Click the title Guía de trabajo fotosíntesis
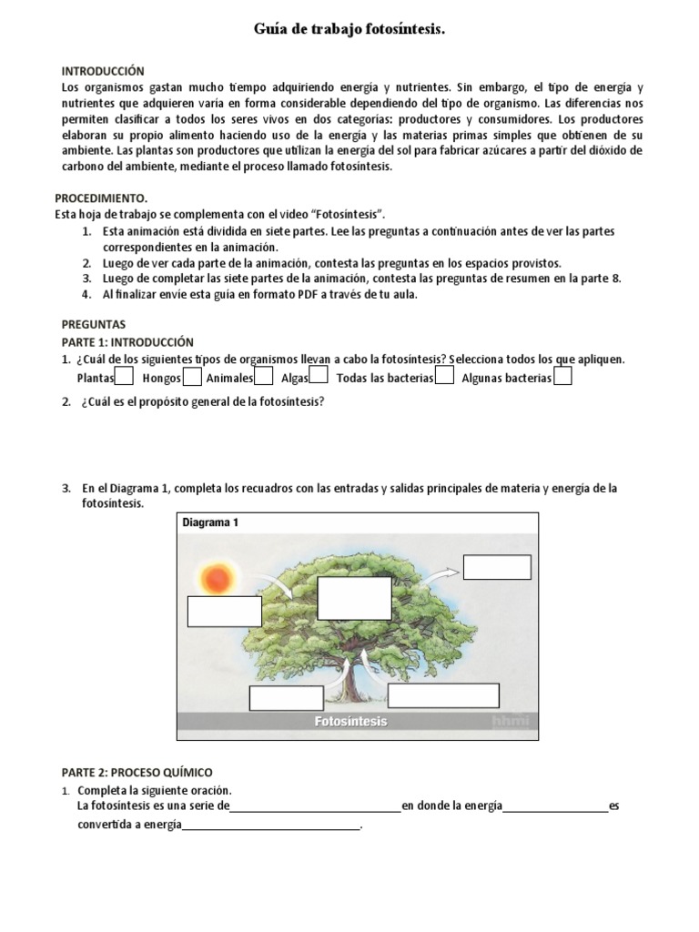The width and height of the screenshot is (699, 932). [x=349, y=31]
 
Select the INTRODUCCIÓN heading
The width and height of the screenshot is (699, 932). [x=103, y=70]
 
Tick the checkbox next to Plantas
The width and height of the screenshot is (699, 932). [x=125, y=376]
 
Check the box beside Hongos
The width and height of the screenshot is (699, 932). [x=192, y=376]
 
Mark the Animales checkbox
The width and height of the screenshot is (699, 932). [x=264, y=376]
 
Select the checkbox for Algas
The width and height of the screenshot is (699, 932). [x=319, y=376]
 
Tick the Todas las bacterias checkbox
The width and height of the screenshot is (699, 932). [x=444, y=376]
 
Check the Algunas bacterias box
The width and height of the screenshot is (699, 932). [x=562, y=376]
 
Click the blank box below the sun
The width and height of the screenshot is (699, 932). [x=225, y=612]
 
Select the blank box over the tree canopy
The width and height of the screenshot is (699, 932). [x=354, y=598]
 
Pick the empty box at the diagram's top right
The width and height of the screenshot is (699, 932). [x=497, y=567]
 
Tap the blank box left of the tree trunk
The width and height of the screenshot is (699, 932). [x=286, y=698]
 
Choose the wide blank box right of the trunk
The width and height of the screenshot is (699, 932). [x=443, y=695]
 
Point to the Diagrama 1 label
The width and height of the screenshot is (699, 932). [x=210, y=523]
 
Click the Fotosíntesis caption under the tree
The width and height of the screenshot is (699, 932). [x=350, y=722]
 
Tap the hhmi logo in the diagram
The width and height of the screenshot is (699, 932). [x=510, y=721]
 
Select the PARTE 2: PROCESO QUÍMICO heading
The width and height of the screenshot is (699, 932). [x=137, y=772]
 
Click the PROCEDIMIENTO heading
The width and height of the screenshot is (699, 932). [x=100, y=198]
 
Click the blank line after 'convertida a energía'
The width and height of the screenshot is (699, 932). [x=271, y=826]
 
